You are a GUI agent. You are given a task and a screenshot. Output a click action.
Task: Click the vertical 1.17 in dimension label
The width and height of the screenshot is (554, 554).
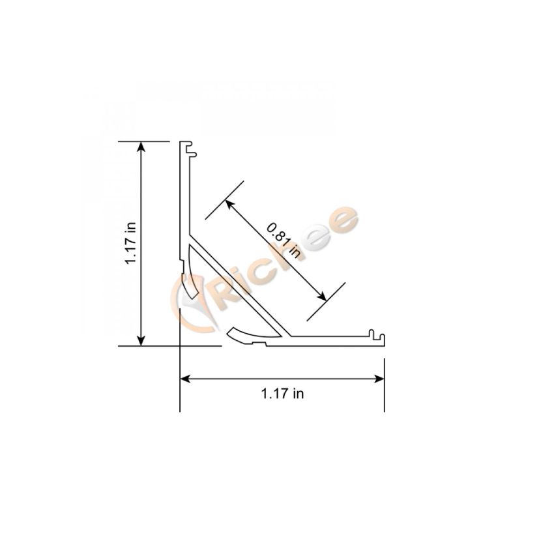click(x=131, y=243)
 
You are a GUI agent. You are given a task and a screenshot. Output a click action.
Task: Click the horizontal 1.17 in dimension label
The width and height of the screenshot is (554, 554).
click(x=282, y=394)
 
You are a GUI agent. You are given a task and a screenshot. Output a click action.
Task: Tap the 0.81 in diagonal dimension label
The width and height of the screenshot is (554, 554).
click(x=284, y=240)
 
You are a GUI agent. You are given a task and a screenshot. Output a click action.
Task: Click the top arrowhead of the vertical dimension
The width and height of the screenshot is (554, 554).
click(x=141, y=147)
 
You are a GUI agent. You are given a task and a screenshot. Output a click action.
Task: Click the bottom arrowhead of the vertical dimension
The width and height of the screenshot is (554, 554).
click(x=141, y=340)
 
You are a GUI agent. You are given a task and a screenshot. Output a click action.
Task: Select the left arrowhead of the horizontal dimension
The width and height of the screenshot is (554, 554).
click(x=186, y=379)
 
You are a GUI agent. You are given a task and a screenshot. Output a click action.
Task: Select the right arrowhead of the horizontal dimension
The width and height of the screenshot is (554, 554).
click(x=379, y=379)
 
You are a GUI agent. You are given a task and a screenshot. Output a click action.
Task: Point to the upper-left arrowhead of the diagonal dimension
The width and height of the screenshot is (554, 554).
click(x=229, y=204)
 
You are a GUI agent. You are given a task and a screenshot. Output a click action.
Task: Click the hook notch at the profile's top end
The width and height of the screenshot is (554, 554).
click(x=191, y=149)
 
